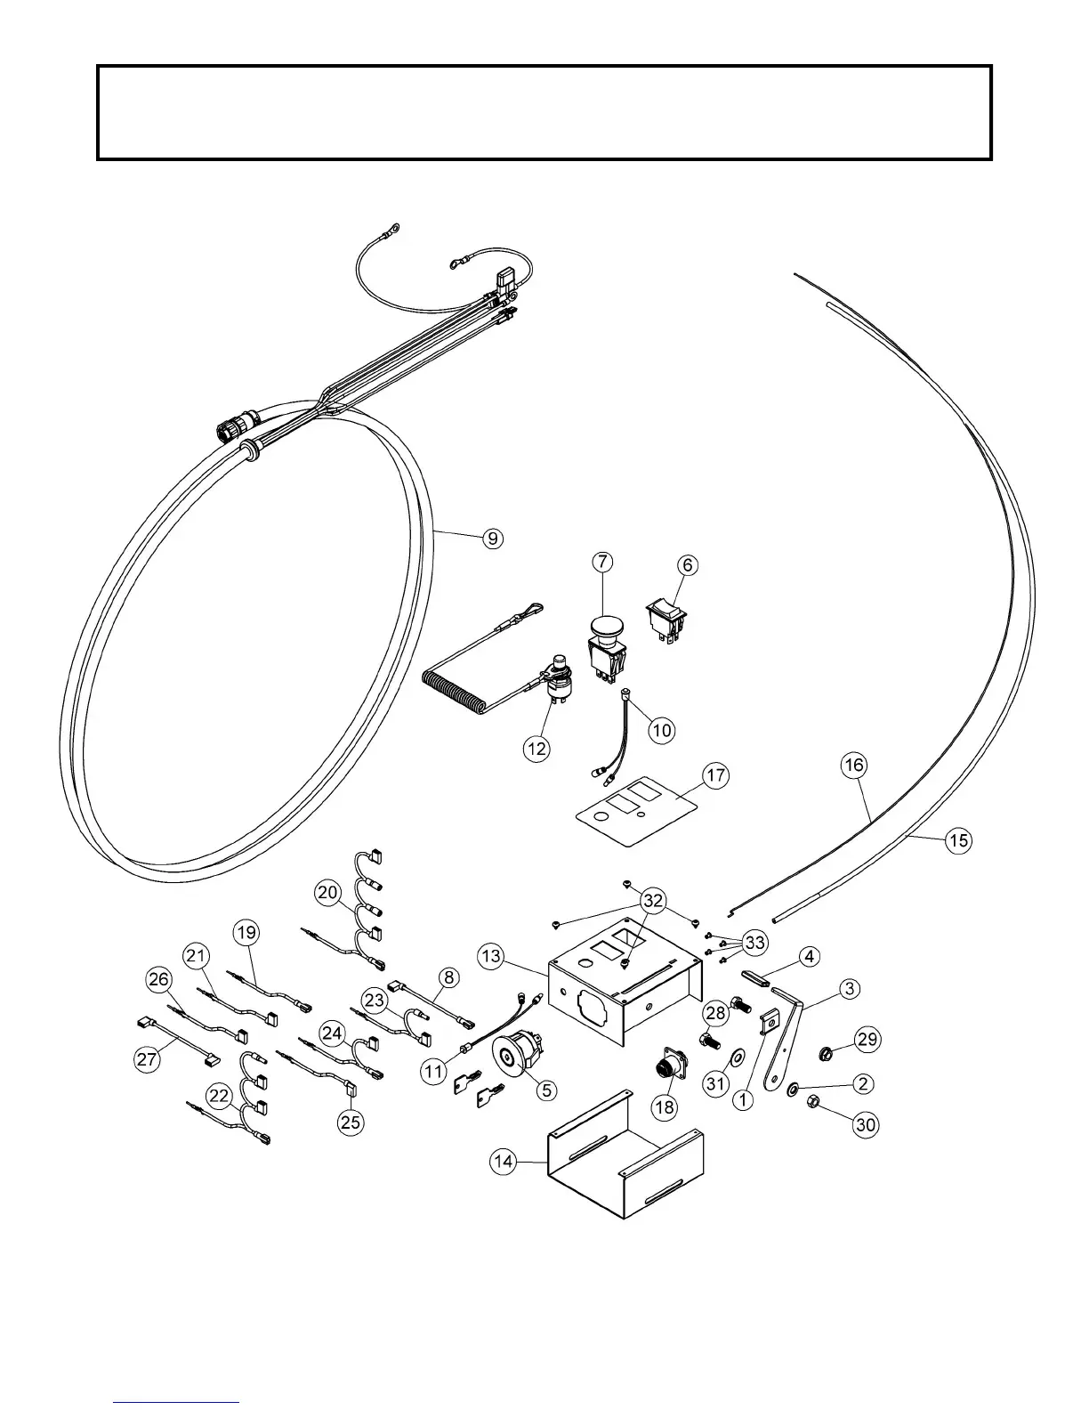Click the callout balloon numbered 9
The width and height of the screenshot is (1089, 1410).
point(492,538)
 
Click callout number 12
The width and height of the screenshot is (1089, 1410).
point(536,749)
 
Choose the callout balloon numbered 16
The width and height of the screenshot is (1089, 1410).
point(854,765)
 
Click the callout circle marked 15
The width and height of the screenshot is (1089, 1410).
point(957,840)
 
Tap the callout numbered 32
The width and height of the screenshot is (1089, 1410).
point(653,901)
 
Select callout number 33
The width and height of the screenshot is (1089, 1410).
point(754,942)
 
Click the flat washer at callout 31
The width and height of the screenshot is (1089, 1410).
point(738,1058)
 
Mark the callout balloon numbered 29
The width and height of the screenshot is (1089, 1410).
point(867,1038)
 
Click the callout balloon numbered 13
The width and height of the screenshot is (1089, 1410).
point(490,957)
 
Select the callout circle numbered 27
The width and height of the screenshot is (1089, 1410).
point(148,1060)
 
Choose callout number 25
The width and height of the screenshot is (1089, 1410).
point(351,1122)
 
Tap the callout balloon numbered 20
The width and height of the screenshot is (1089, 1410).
point(327,892)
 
